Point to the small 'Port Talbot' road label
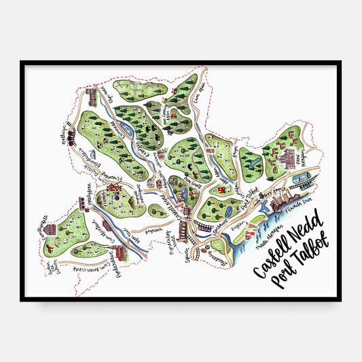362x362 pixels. coord(253,198)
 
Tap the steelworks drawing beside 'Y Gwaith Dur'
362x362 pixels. coord(280,198)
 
